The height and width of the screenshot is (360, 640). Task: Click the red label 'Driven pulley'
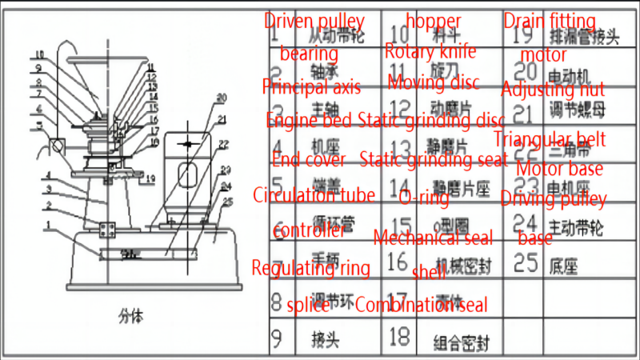pyautogui.click(x=314, y=22)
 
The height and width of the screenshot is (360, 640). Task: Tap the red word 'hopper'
pyautogui.click(x=433, y=21)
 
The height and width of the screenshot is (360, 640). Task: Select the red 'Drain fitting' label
pyautogui.click(x=550, y=21)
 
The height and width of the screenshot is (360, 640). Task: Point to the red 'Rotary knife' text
pyautogui.click(x=430, y=51)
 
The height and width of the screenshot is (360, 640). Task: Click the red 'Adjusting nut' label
pyautogui.click(x=553, y=89)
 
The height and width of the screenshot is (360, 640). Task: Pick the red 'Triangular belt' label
pyautogui.click(x=549, y=140)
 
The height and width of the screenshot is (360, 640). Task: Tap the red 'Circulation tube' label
pyautogui.click(x=314, y=194)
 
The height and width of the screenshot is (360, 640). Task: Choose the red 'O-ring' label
pyautogui.click(x=424, y=198)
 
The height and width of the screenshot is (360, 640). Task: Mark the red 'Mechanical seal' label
pyautogui.click(x=433, y=237)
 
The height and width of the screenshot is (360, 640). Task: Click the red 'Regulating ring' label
pyautogui.click(x=311, y=268)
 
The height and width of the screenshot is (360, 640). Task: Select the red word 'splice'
pyautogui.click(x=307, y=304)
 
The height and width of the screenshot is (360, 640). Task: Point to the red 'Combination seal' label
pyautogui.click(x=421, y=304)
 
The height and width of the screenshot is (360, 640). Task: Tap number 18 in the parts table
pyautogui.click(x=398, y=338)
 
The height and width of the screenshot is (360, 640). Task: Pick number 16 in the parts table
pyautogui.click(x=398, y=262)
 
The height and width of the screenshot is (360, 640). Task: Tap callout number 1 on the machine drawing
pyautogui.click(x=51, y=226)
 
